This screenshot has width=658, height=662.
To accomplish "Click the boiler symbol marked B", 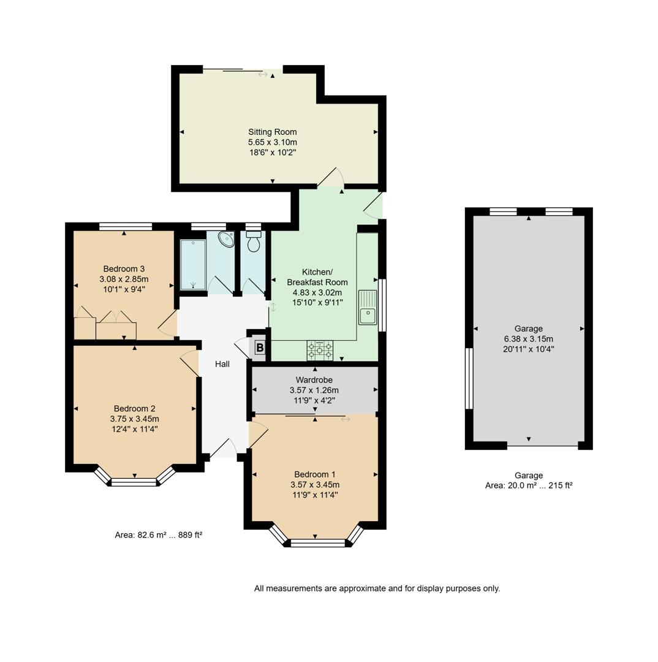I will (x=259, y=348).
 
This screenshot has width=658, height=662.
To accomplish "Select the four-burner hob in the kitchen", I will (x=320, y=351).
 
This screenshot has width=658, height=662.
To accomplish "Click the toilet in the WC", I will (x=253, y=242).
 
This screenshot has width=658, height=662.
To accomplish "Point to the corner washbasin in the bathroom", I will (x=226, y=239).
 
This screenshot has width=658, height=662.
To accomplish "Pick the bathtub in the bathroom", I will (x=193, y=264).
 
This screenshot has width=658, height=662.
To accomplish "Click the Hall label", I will (x=222, y=364).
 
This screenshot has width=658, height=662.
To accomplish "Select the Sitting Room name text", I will (x=272, y=132).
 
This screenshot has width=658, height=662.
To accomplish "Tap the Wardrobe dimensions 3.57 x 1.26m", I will (x=314, y=390).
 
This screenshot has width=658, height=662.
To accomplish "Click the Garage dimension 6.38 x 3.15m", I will (x=528, y=339).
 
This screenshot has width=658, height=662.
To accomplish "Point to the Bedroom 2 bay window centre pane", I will (x=134, y=482).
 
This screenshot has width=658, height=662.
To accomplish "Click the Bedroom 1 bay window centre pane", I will (x=318, y=542).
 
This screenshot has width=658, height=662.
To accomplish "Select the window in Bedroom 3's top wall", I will (x=125, y=226).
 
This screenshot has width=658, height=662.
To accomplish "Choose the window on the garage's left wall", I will (x=469, y=378).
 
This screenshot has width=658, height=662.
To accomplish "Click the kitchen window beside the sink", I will (x=382, y=305).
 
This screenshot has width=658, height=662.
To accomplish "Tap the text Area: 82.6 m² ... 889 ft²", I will (x=158, y=535).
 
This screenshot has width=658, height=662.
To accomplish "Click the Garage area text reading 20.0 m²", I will (x=528, y=485).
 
